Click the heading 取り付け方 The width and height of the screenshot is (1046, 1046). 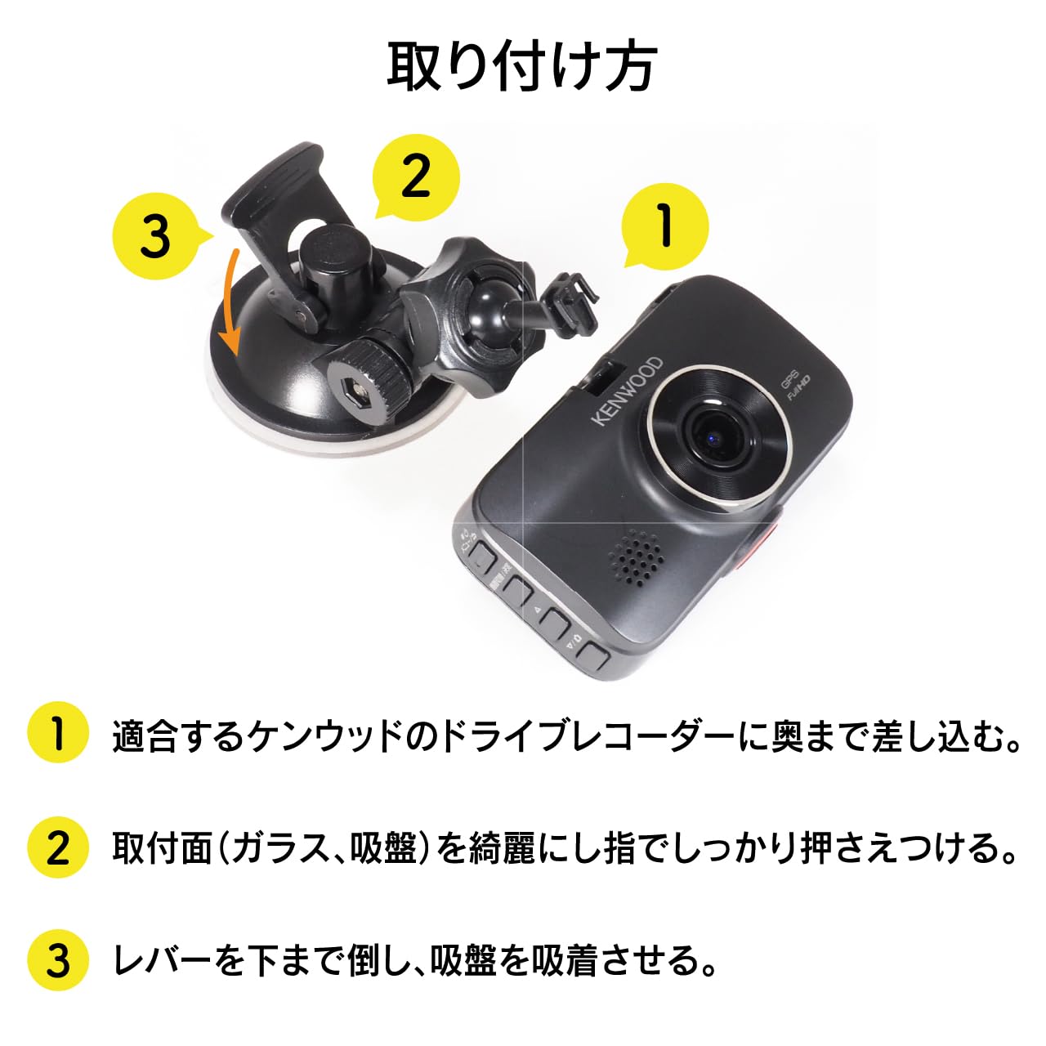tap(521, 67)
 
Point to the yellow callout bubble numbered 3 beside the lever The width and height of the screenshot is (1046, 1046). tap(155, 236)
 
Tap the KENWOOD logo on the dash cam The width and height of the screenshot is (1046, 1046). tap(628, 390)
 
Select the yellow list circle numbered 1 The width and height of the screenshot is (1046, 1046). tap(57, 732)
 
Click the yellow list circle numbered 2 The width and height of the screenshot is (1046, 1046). tap(57, 847)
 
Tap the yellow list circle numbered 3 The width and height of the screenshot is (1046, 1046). tap(57, 960)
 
